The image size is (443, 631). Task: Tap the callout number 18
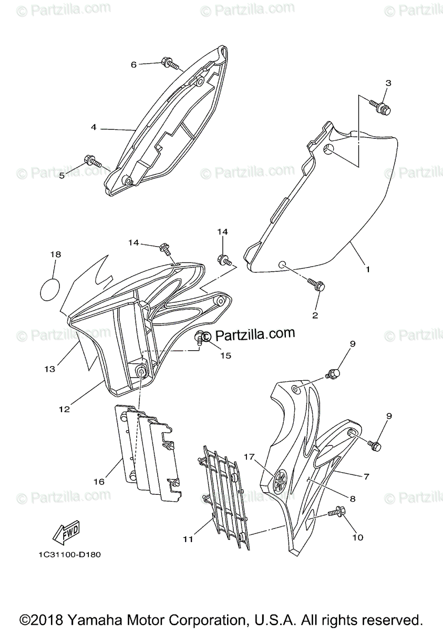pos(55,254)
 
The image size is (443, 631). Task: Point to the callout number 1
pos(368,269)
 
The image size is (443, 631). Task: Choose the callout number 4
pos(93,127)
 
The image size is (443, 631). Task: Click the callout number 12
pos(63,408)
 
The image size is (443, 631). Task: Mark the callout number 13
pos(49,369)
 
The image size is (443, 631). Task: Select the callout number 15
pos(225,355)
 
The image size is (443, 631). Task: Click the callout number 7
pos(366,476)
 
